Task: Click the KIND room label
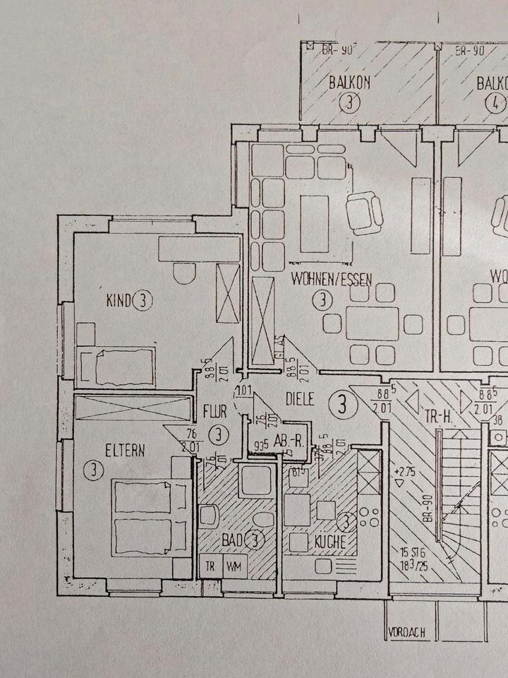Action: click(x=118, y=302)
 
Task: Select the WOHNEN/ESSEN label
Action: click(x=330, y=279)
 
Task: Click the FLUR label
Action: click(x=214, y=411)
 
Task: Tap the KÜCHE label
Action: click(x=329, y=542)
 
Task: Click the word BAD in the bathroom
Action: click(x=231, y=541)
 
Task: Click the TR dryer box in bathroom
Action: click(x=210, y=566)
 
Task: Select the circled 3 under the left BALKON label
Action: click(x=347, y=104)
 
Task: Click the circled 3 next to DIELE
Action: click(x=341, y=405)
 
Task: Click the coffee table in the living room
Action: click(x=315, y=223)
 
